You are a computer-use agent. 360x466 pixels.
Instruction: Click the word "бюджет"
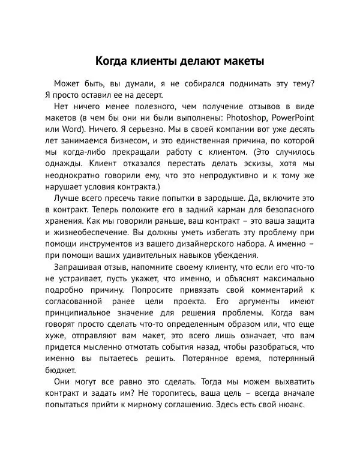click(61, 369)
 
